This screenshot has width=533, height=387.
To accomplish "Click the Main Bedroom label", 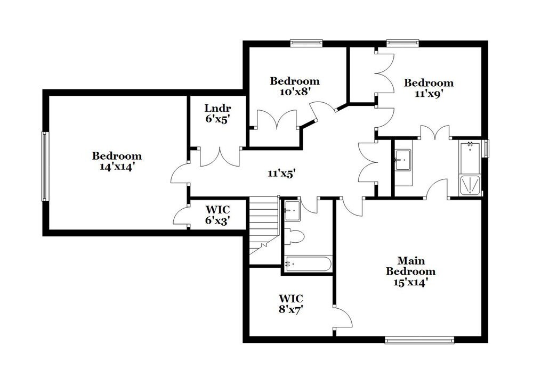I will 411,266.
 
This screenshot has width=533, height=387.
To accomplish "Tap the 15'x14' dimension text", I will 411,282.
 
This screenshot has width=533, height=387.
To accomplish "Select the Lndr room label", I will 217,109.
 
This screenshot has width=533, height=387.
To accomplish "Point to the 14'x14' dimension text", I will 117,166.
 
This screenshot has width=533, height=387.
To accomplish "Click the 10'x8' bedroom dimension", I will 295,91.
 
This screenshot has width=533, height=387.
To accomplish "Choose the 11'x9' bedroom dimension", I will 429,93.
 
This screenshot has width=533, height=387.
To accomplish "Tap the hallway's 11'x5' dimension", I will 281,172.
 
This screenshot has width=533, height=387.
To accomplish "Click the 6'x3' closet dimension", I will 217,220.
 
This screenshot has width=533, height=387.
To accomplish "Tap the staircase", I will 264,224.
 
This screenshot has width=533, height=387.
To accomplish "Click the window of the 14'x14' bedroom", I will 45,166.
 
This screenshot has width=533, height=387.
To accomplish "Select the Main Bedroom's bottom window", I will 419,339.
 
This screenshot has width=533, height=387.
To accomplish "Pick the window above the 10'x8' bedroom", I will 306,42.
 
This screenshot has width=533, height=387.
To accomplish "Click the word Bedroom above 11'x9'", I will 429,83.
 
